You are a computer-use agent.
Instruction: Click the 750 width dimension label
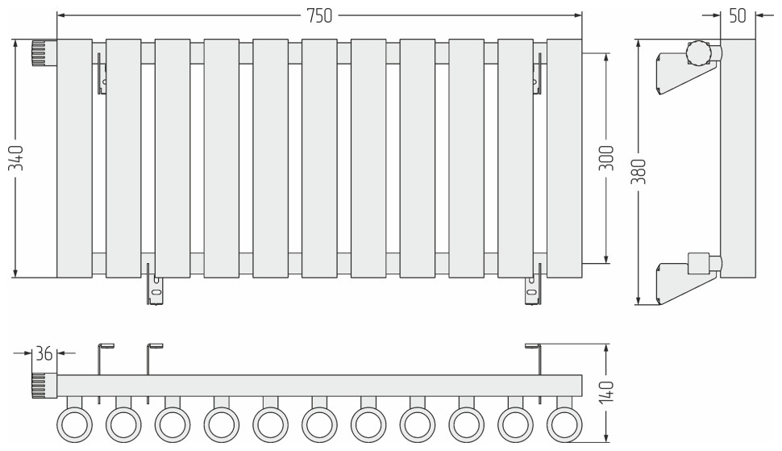pos(319,16)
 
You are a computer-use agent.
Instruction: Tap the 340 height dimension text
pos(16,158)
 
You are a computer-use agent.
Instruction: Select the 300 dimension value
pos(606,158)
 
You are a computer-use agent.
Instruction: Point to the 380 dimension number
pos(638,172)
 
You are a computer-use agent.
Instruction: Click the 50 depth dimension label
pos(738,16)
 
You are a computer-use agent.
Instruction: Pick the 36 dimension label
pos(44,353)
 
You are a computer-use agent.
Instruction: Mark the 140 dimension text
pos(607,392)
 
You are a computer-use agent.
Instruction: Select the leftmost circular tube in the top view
pos(75,425)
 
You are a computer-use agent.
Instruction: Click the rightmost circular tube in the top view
pos(564,425)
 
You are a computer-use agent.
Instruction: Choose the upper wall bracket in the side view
pos(687,73)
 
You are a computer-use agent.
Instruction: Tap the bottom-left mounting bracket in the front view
pos(155,283)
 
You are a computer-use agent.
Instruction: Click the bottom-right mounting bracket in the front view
pos(533,283)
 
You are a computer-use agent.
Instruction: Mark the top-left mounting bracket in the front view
pos(102,73)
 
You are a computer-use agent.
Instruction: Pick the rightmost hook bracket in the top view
pos(535,372)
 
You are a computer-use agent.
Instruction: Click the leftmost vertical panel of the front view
pos(74,158)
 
